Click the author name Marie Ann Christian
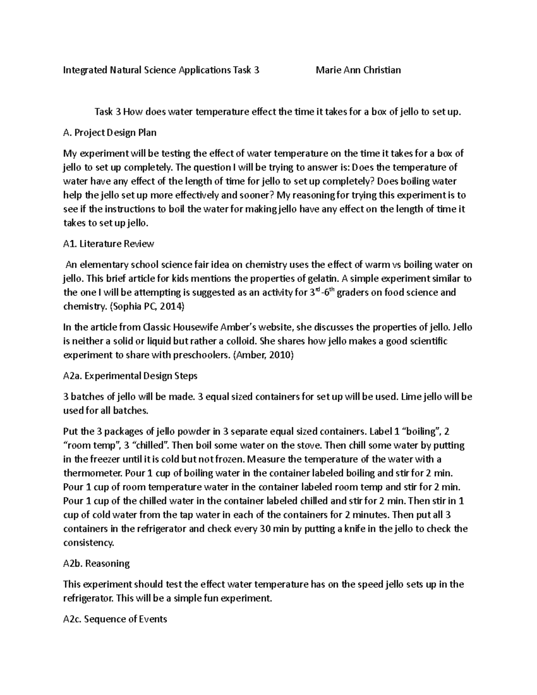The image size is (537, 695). (x=358, y=70)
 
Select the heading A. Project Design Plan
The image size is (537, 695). (x=110, y=132)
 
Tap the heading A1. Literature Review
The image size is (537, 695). (x=109, y=244)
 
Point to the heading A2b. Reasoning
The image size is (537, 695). (x=97, y=563)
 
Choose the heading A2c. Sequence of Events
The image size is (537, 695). (x=115, y=619)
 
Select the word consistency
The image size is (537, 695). (x=89, y=543)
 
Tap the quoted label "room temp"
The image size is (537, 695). (x=93, y=446)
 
